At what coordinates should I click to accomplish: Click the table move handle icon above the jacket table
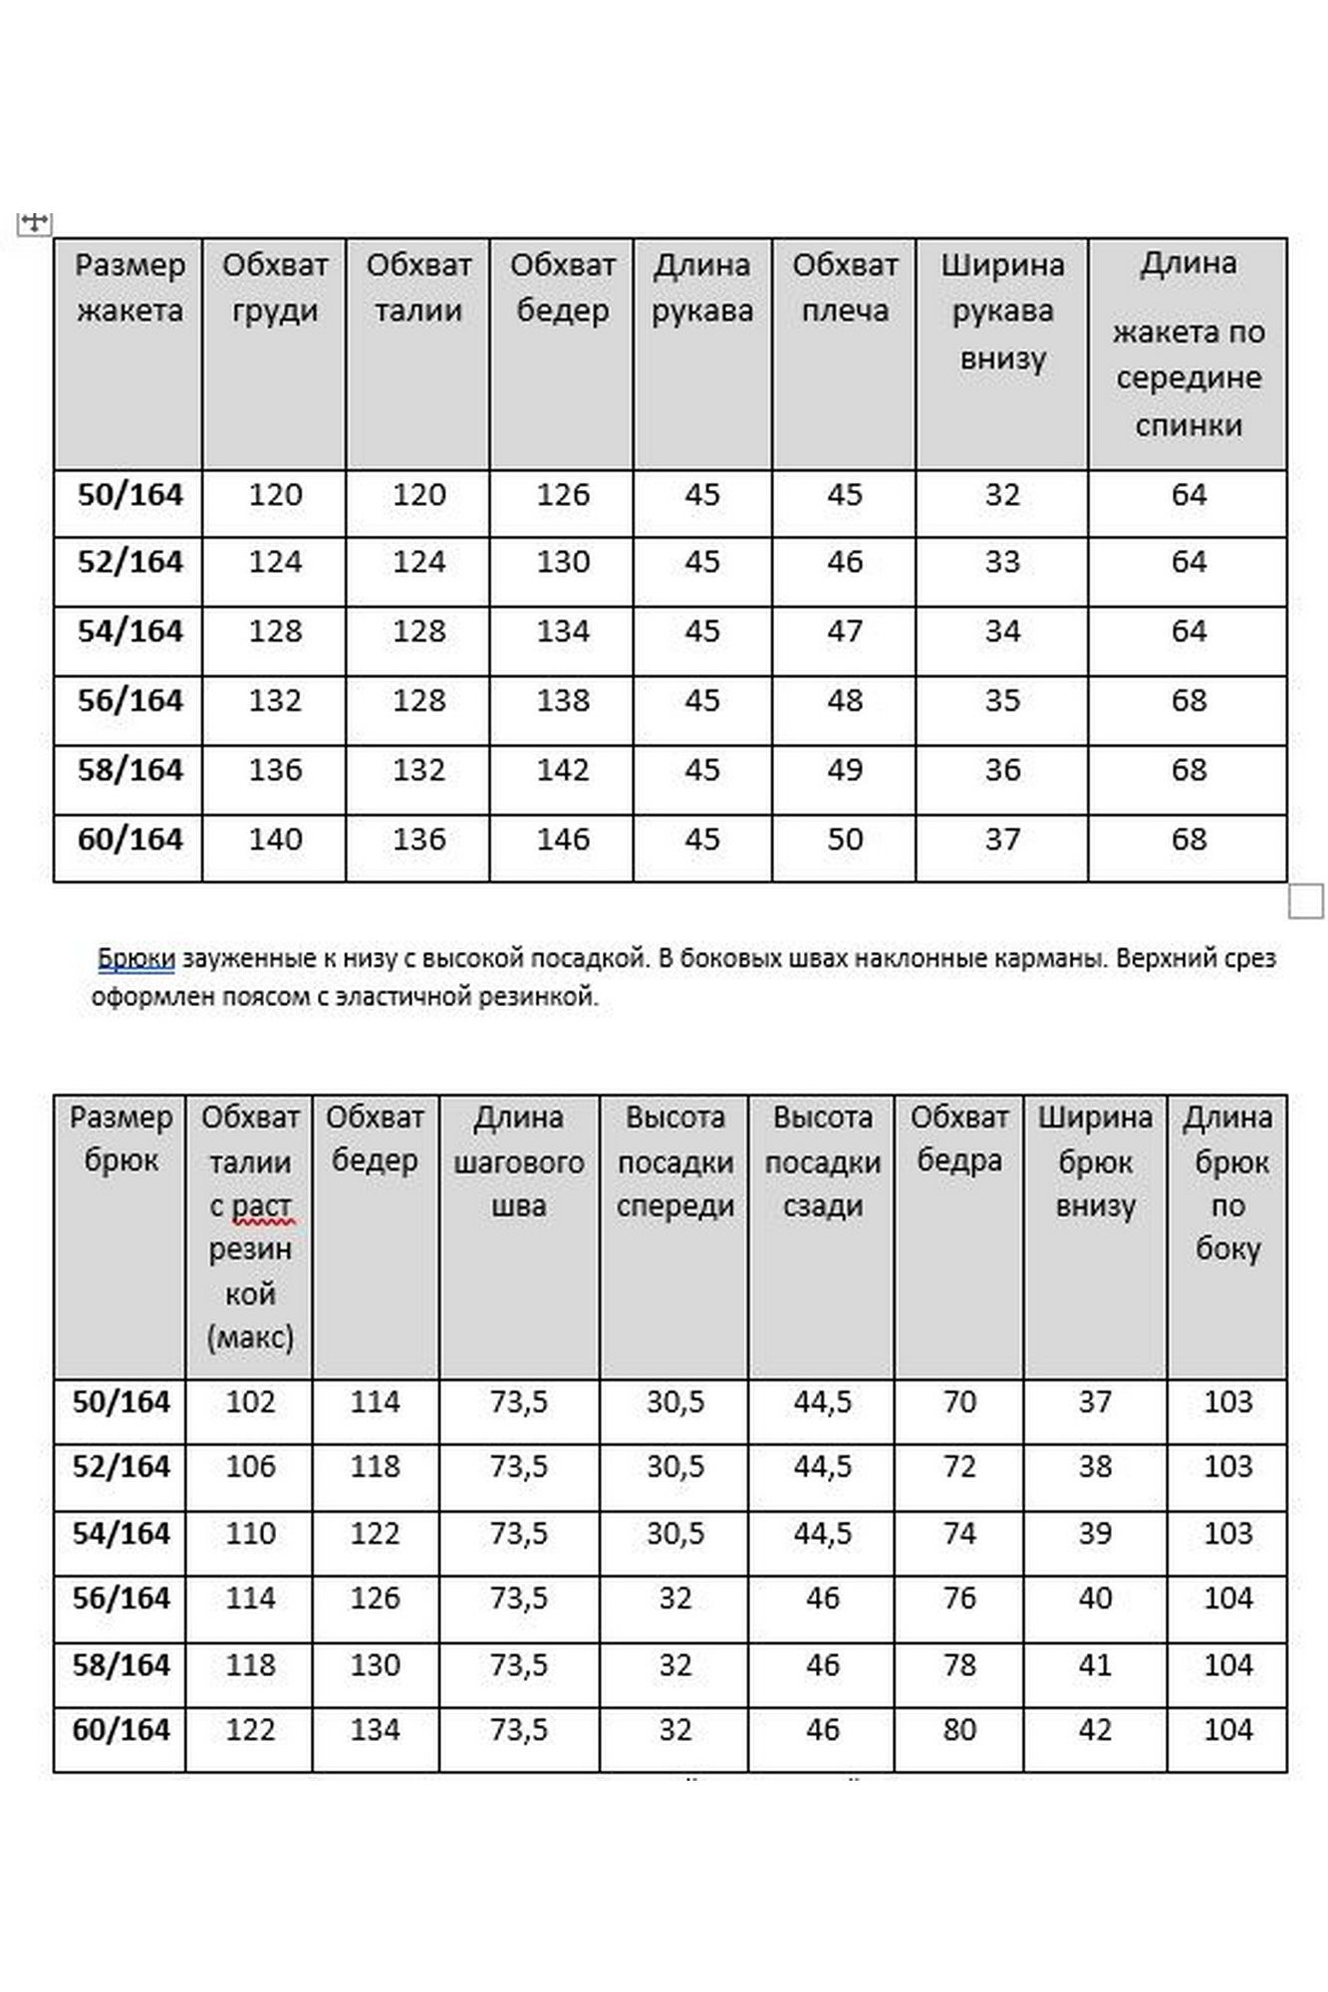coord(34,223)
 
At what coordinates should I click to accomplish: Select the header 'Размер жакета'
coord(130,288)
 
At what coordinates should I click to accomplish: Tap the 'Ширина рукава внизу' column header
coord(1002,311)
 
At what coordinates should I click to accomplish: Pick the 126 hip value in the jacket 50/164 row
coord(563,495)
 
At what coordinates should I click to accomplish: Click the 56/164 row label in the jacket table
coord(130,701)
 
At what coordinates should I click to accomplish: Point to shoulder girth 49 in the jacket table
coord(844,770)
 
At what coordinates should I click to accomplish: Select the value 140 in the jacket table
coord(275,840)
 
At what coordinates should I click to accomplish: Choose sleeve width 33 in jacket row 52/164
coord(1002,563)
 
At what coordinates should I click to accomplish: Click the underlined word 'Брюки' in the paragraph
coord(136,959)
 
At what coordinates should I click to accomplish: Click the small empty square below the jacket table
coord(1305,900)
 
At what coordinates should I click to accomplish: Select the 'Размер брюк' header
coord(121,1138)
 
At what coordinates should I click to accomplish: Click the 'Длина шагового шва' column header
coord(519,1161)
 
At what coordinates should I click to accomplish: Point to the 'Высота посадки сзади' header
coord(822,1161)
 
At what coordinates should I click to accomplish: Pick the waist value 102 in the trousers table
coord(249,1402)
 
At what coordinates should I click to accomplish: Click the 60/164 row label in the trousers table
coord(121,1730)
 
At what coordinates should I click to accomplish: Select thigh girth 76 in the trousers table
coord(958,1599)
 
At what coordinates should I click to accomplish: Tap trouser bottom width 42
coord(1094,1730)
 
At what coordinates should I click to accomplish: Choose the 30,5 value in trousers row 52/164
coord(674,1467)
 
